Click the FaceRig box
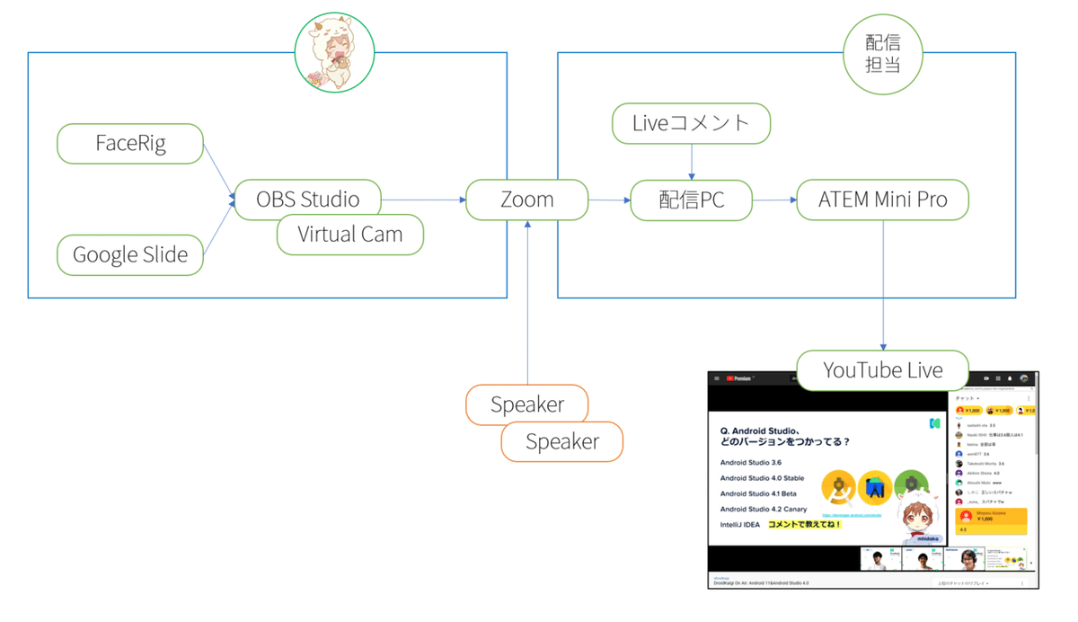click(130, 144)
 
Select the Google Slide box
click(130, 255)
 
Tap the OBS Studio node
click(307, 199)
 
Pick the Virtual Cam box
click(349, 235)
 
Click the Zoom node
click(526, 200)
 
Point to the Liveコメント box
click(691, 123)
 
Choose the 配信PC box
click(691, 200)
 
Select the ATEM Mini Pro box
click(882, 200)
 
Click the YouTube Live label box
click(882, 370)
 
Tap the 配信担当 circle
click(883, 54)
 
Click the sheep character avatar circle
click(335, 54)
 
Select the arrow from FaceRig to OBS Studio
click(218, 172)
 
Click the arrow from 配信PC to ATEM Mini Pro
click(774, 200)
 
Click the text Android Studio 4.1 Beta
click(758, 493)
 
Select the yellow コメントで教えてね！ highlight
click(804, 524)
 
